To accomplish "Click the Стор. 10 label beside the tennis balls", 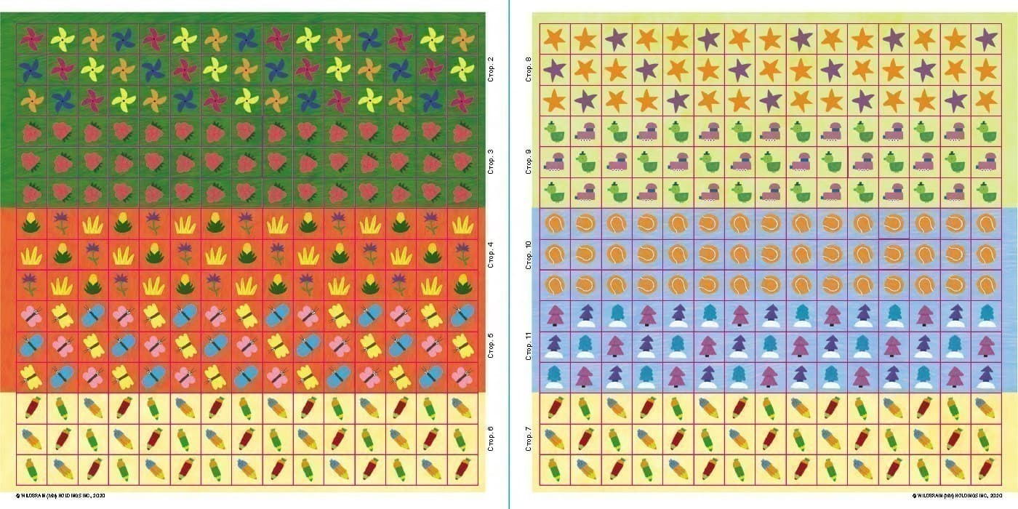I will pos(529,253).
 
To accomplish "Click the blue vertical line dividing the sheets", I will pos(509,254).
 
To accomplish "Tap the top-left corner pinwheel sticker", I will pos(31,39).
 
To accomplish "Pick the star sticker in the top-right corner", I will pos(986,39).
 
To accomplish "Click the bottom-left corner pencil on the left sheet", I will pos(31,469).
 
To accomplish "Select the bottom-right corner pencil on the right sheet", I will pos(986,469).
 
